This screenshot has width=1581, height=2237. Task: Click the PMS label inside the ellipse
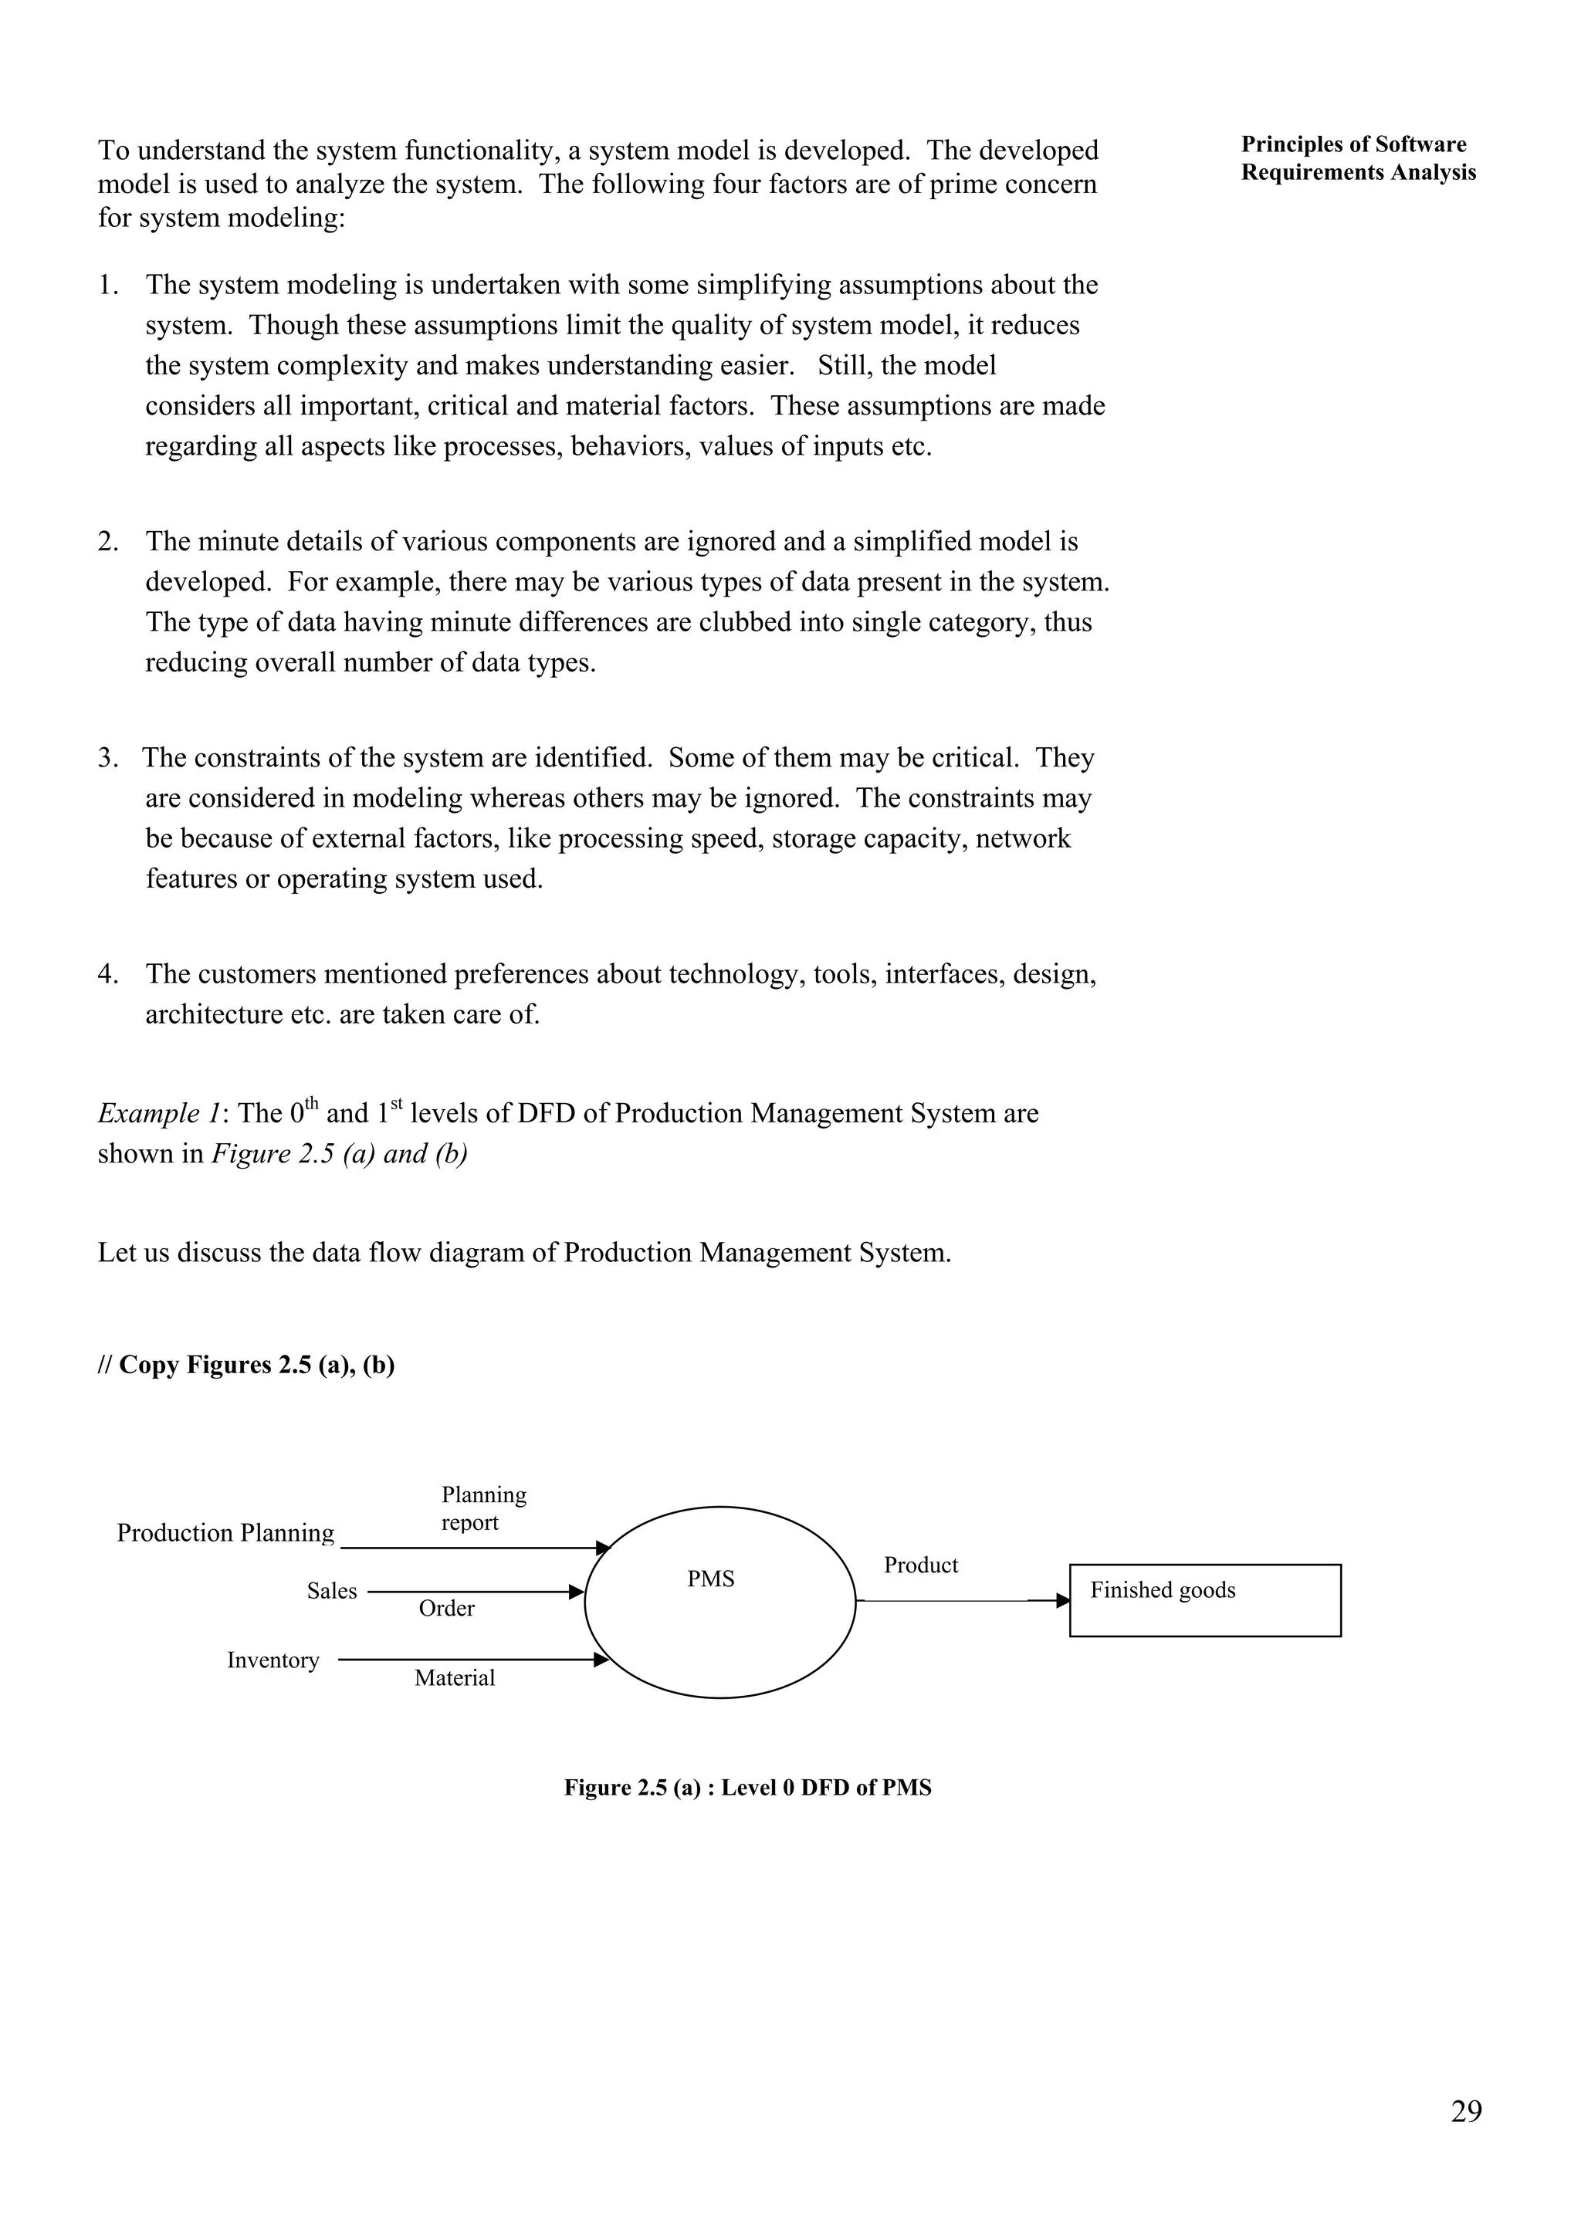click(x=710, y=1579)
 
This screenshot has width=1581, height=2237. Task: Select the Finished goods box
click(x=1204, y=1600)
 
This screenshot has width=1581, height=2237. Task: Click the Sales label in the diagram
click(x=331, y=1590)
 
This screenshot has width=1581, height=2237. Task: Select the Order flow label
click(x=446, y=1608)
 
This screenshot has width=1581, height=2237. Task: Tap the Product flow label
click(x=920, y=1565)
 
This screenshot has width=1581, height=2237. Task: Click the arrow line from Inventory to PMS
click(x=468, y=1660)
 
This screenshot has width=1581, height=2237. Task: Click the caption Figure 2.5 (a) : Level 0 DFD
click(x=747, y=1787)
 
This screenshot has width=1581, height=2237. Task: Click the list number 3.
click(x=107, y=757)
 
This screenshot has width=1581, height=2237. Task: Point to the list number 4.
click(x=107, y=973)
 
